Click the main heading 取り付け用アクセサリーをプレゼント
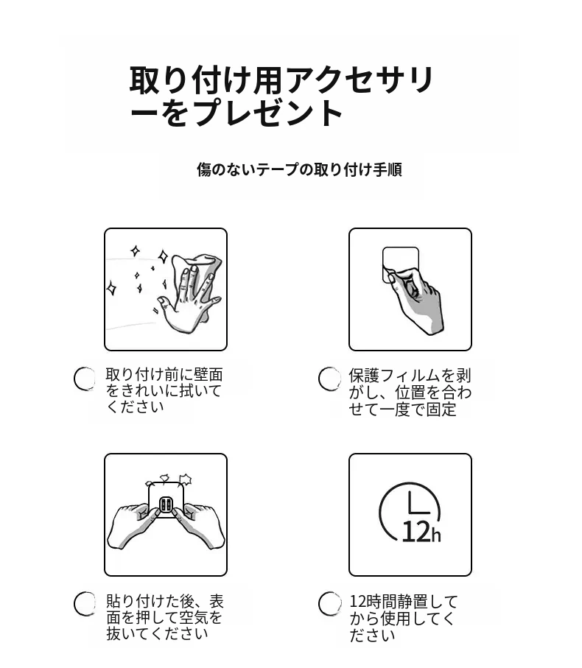281,96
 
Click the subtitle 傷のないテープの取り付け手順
299,169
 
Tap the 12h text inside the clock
421,532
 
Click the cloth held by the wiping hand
200,273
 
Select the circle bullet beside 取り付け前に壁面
85,379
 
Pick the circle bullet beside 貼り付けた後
85,604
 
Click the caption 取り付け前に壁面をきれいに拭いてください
164,390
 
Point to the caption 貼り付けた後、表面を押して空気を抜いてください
165,617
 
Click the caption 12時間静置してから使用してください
404,618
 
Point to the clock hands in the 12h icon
418,503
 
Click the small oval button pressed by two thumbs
166,505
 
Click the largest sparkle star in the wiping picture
163,256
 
